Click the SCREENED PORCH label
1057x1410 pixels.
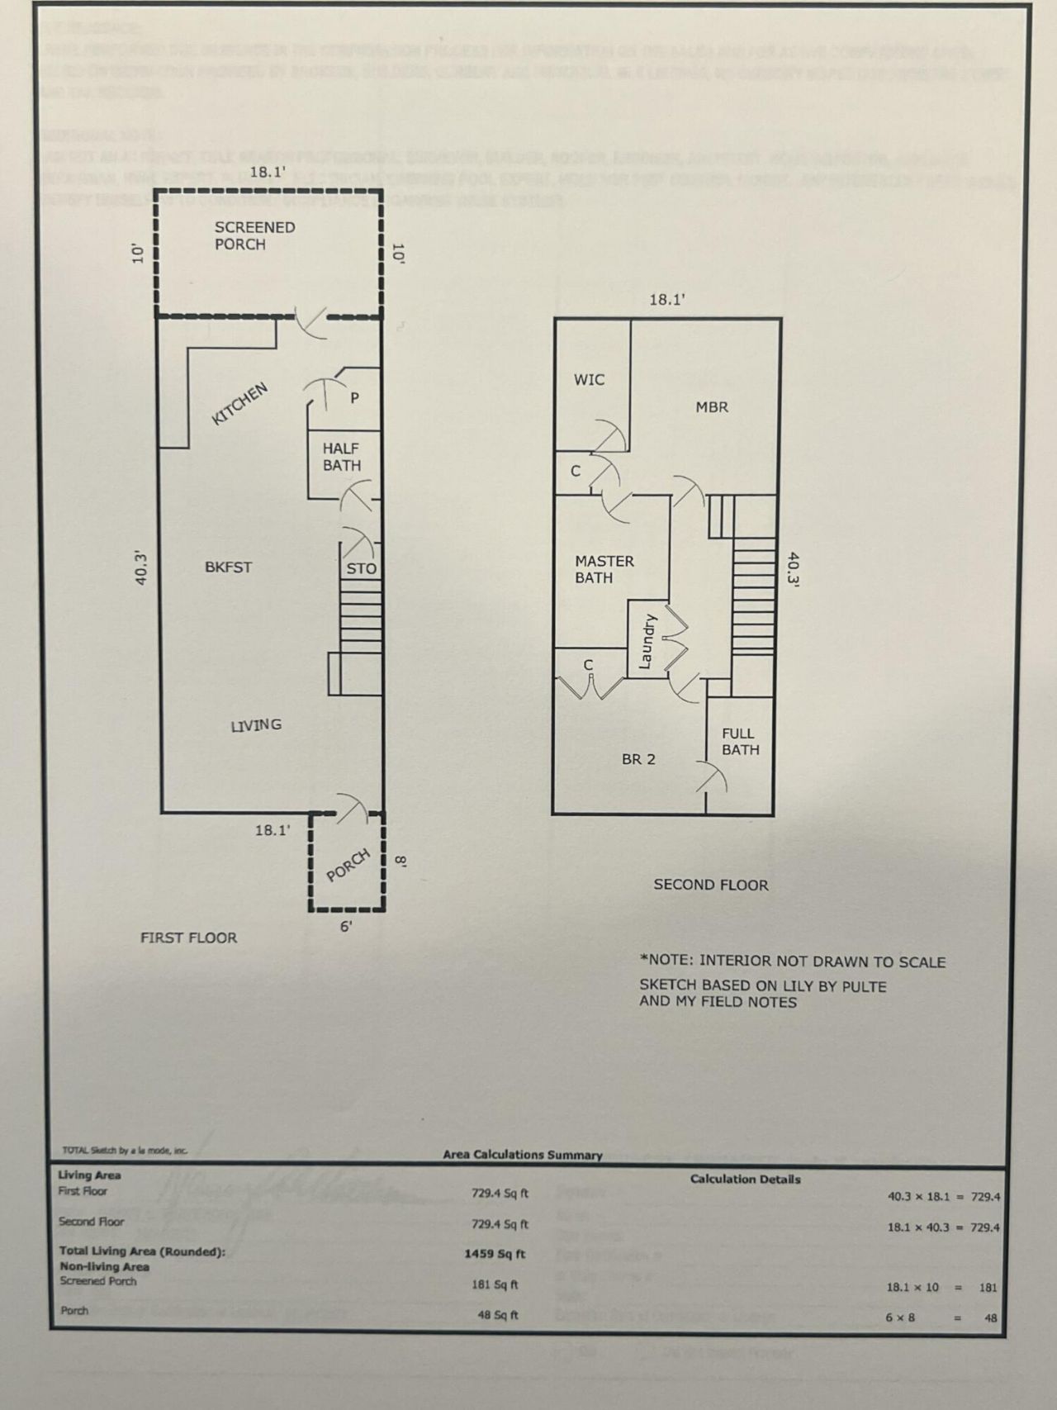[x=254, y=235]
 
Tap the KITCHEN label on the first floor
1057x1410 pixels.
[x=240, y=404]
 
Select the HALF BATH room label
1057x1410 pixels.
[x=341, y=457]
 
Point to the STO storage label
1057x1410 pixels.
[x=361, y=568]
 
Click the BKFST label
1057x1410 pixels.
[x=228, y=567]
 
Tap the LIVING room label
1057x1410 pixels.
[x=255, y=725]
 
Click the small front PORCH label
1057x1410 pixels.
[x=348, y=865]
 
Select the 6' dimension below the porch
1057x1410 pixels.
[x=347, y=927]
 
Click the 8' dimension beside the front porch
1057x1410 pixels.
[x=401, y=861]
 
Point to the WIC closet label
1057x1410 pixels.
[x=589, y=380]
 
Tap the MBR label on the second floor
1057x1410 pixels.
[x=711, y=407]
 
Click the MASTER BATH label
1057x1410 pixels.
[x=604, y=569]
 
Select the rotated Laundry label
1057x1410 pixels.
[x=647, y=641]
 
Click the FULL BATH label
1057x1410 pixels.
[x=740, y=741]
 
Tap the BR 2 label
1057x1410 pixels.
[x=638, y=759]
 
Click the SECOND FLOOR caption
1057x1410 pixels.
[x=710, y=885]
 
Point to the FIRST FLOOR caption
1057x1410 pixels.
[x=188, y=938]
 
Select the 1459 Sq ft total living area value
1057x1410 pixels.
[x=495, y=1253]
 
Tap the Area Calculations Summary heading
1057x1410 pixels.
[x=523, y=1155]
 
